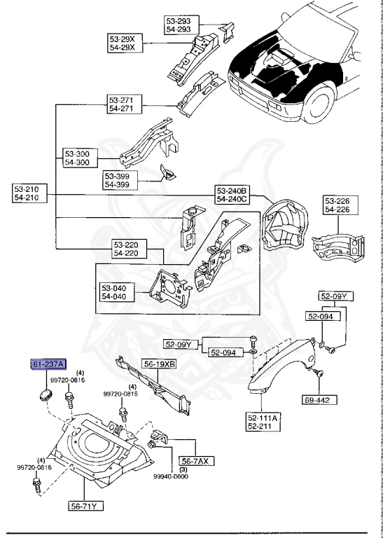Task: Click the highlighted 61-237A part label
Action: [x=48, y=364]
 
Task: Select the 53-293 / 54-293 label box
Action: [x=181, y=25]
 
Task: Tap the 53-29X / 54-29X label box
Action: [x=125, y=43]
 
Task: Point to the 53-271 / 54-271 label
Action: [x=125, y=105]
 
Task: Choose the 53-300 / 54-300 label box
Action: [x=81, y=158]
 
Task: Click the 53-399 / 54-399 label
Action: [x=120, y=180]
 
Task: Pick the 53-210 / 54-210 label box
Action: [x=31, y=193]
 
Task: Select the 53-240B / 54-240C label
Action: [x=233, y=195]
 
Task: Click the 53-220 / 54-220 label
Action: [x=130, y=249]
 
